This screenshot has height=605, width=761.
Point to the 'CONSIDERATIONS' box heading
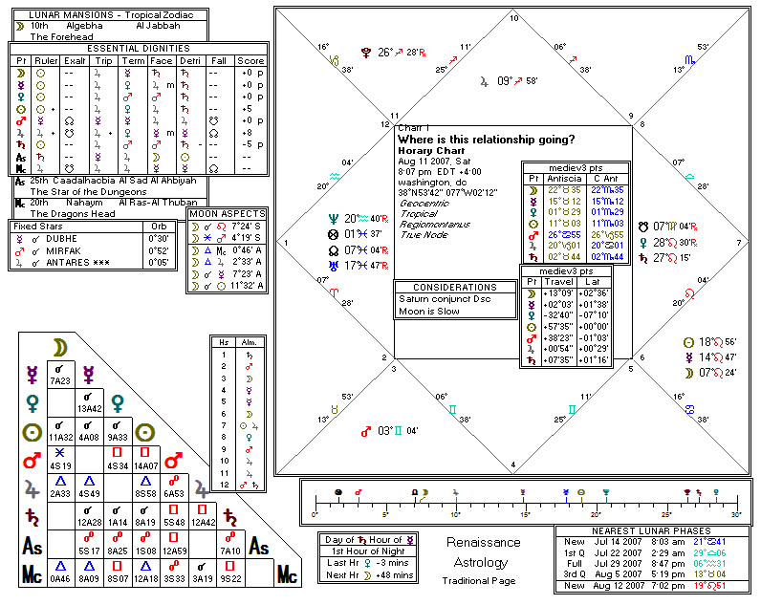point(455,288)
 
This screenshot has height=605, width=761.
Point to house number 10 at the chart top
point(514,18)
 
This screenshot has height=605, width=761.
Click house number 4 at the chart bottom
point(514,465)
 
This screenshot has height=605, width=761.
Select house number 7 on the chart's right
point(738,243)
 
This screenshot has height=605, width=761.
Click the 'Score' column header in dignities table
point(250,59)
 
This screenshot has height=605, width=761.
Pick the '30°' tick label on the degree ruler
point(736,515)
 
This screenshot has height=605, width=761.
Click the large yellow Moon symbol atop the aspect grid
point(59,350)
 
